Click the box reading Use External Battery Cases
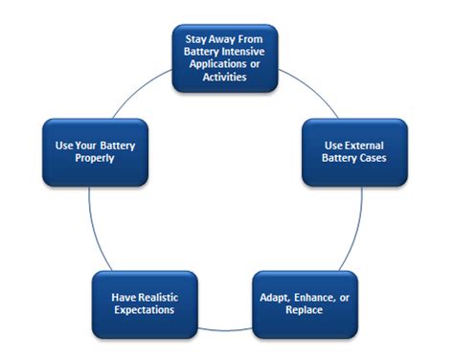[354, 152]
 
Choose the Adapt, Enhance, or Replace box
[305, 304]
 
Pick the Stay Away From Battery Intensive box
[223, 58]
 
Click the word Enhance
[307, 298]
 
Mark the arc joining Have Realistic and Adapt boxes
[219, 325]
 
